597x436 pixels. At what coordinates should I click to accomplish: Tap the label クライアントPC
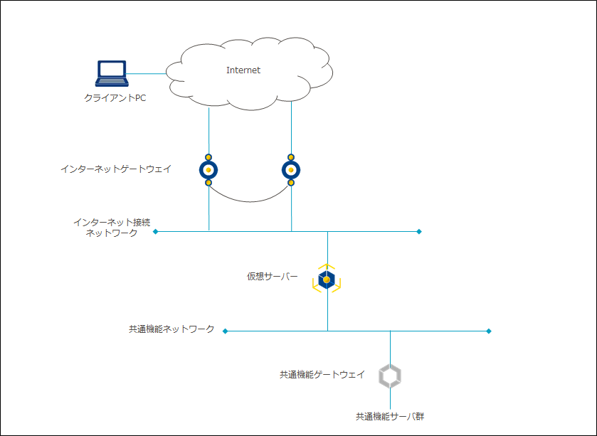(115, 97)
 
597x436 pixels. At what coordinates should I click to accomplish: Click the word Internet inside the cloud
(243, 70)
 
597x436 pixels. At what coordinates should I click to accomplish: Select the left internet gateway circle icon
(208, 170)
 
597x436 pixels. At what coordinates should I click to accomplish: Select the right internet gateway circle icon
(291, 170)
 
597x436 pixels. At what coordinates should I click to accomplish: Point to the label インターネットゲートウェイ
(116, 169)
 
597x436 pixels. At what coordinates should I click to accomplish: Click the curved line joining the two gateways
(250, 201)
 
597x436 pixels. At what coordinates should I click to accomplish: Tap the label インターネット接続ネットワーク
(107, 228)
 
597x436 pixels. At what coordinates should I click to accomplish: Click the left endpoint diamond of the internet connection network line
(156, 231)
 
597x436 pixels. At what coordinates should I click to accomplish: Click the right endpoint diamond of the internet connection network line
(419, 231)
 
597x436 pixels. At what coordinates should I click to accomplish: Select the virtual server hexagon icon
(327, 280)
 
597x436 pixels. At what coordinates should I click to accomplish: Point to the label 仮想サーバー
(273, 277)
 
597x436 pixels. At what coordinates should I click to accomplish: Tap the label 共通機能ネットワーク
(171, 329)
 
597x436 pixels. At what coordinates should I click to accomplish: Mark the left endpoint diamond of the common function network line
(226, 331)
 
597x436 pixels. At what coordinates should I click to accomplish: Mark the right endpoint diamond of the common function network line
(489, 331)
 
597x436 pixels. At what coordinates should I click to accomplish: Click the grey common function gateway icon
(390, 376)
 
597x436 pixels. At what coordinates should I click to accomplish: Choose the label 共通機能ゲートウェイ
(322, 374)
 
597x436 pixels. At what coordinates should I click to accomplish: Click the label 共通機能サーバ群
(390, 416)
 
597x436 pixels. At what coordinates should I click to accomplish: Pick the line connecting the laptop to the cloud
(146, 73)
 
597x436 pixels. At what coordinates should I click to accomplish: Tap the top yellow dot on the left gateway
(208, 156)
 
